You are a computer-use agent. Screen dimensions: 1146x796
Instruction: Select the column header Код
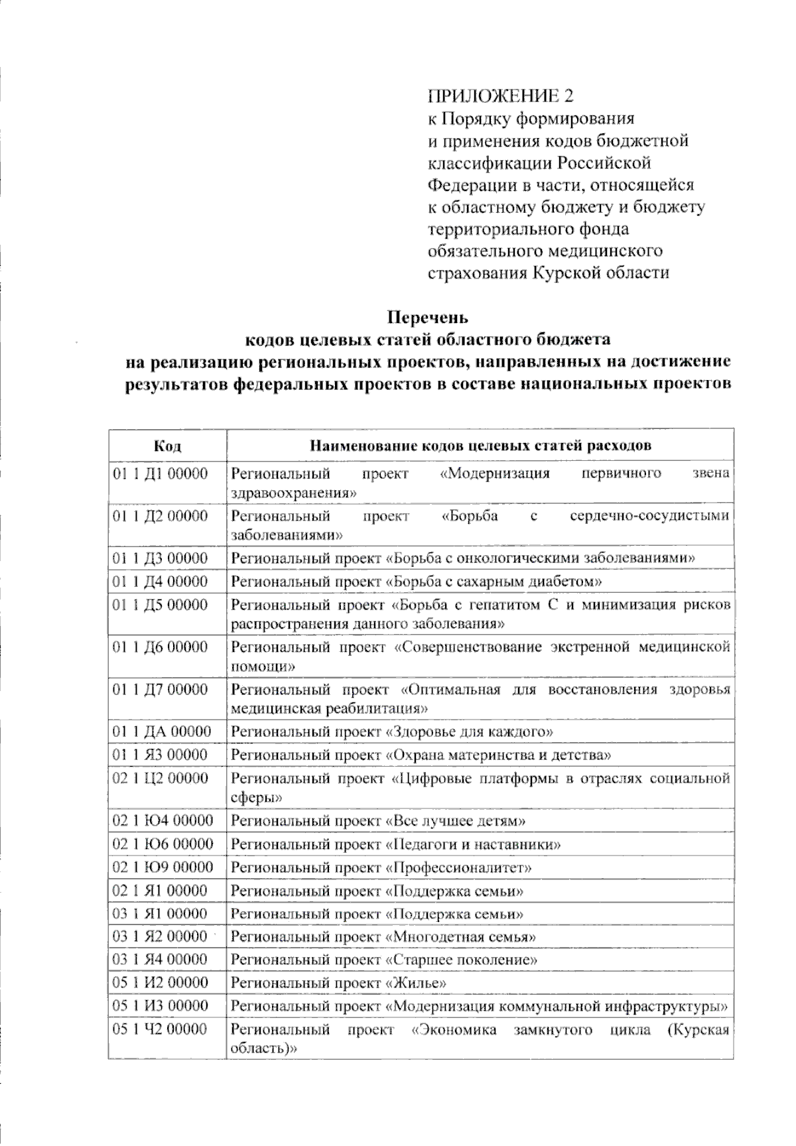(x=167, y=445)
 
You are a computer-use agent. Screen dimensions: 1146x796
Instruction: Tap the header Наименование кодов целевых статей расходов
(x=480, y=445)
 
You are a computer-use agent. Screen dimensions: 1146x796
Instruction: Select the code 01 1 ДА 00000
(x=162, y=732)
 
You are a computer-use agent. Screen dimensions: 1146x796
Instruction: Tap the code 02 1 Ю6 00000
(x=163, y=844)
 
